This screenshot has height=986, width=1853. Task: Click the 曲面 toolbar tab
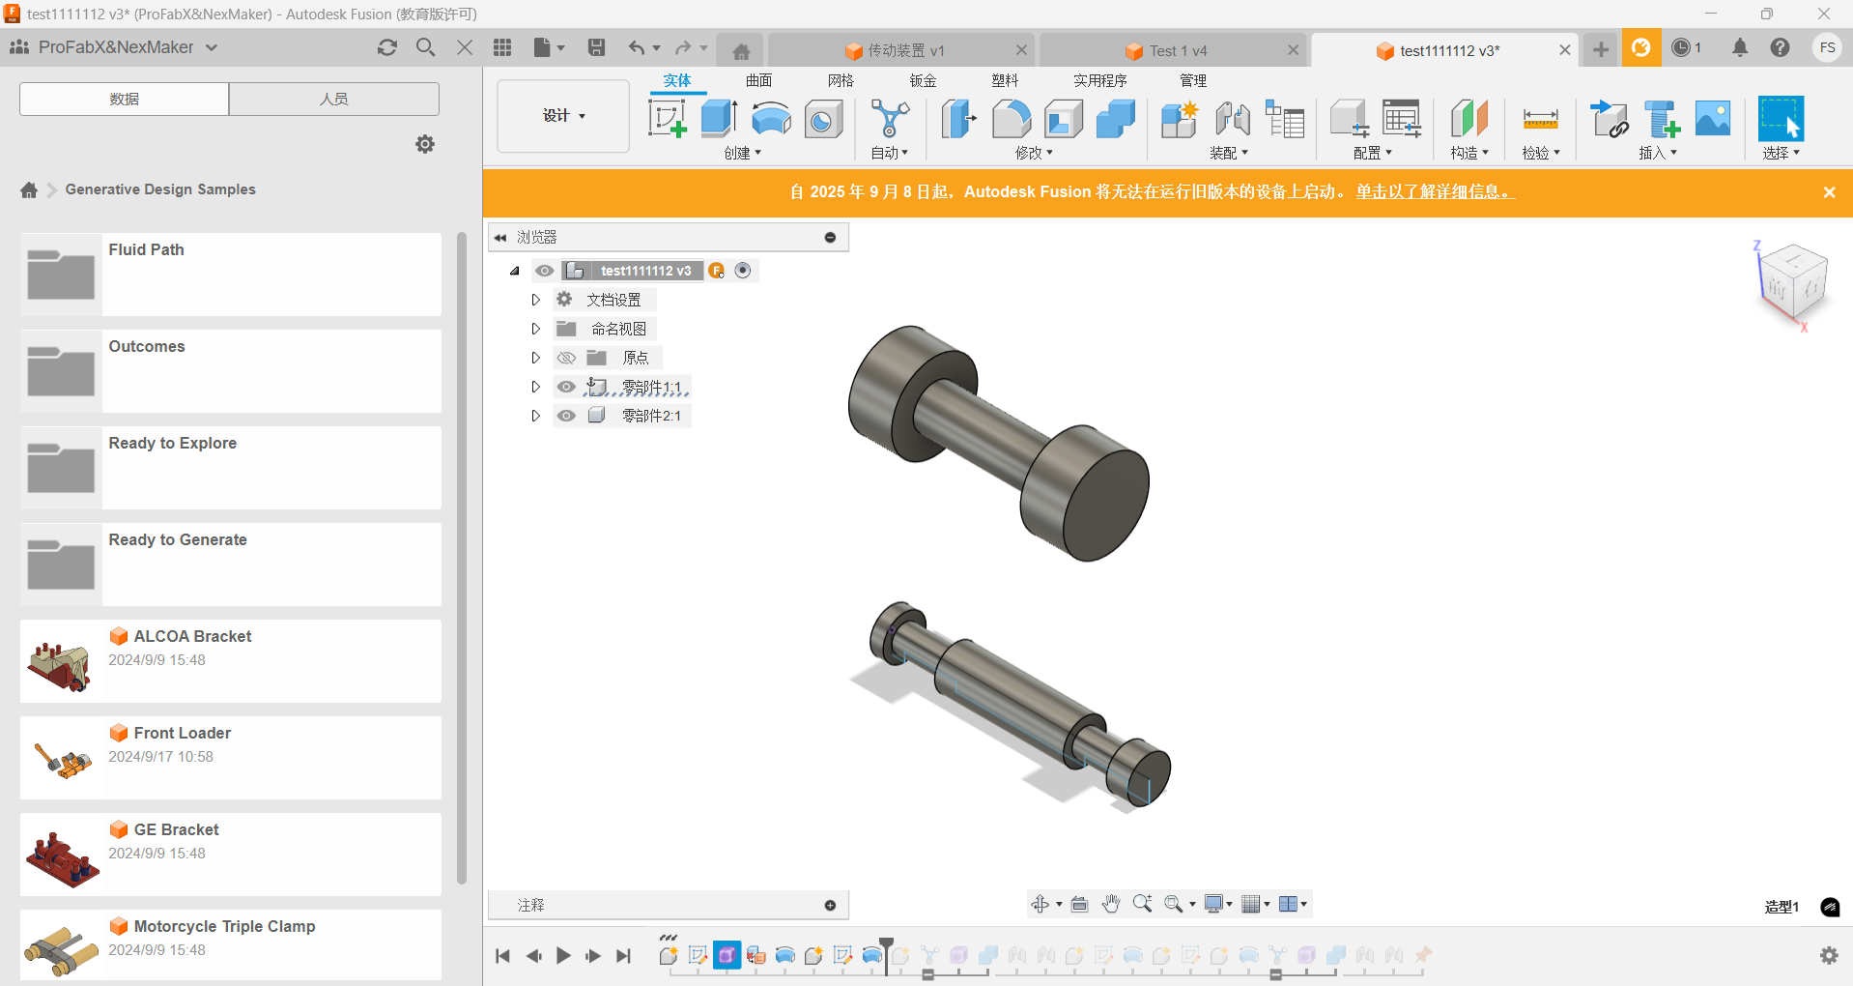[758, 80]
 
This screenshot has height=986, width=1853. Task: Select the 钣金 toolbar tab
[923, 80]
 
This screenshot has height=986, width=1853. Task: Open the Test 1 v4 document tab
[1178, 50]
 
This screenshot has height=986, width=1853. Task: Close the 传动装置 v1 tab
[1021, 50]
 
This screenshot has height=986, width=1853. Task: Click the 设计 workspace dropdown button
[563, 116]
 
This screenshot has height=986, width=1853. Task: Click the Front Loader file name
[183, 733]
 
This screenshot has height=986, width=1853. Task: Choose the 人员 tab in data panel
[334, 99]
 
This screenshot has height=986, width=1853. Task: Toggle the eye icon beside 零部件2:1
[566, 416]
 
